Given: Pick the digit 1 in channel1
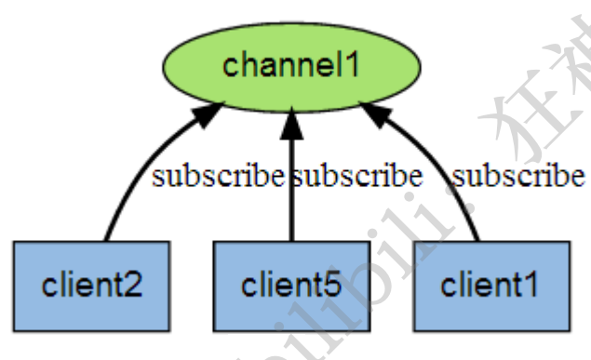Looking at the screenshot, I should click(x=352, y=66).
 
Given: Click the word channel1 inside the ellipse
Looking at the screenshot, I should click(x=291, y=66).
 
